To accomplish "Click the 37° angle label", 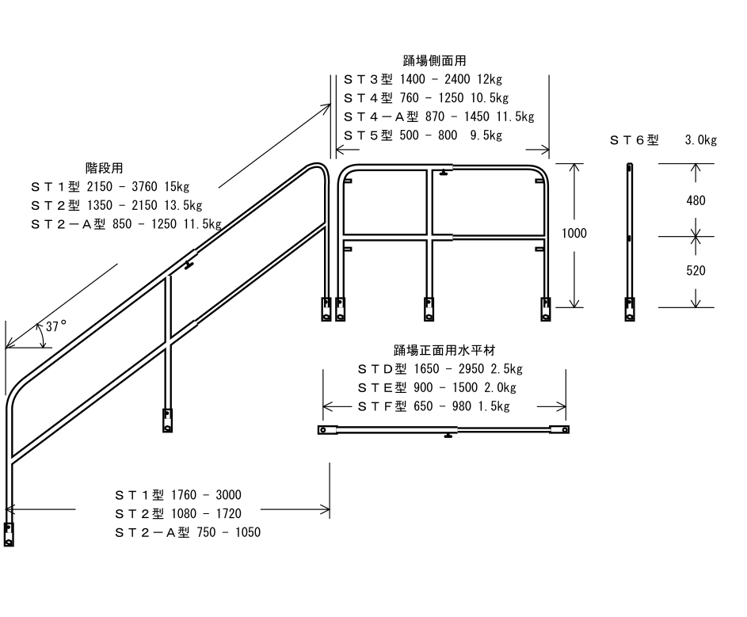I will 56,326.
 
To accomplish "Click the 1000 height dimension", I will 574,234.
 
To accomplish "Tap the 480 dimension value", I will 696,201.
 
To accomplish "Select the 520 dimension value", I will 696,271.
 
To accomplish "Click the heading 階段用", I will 104,168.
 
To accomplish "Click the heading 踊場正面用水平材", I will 439,349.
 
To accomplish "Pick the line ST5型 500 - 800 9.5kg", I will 423,135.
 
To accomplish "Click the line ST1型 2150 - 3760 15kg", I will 110,187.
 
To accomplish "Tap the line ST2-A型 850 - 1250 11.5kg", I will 126,224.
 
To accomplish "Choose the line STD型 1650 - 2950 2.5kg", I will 440,369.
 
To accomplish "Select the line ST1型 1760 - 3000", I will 178,495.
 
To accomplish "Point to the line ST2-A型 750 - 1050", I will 188,532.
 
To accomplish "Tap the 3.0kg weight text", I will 700,140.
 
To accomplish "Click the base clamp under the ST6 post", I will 629,309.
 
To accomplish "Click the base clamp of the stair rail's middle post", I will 167,420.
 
